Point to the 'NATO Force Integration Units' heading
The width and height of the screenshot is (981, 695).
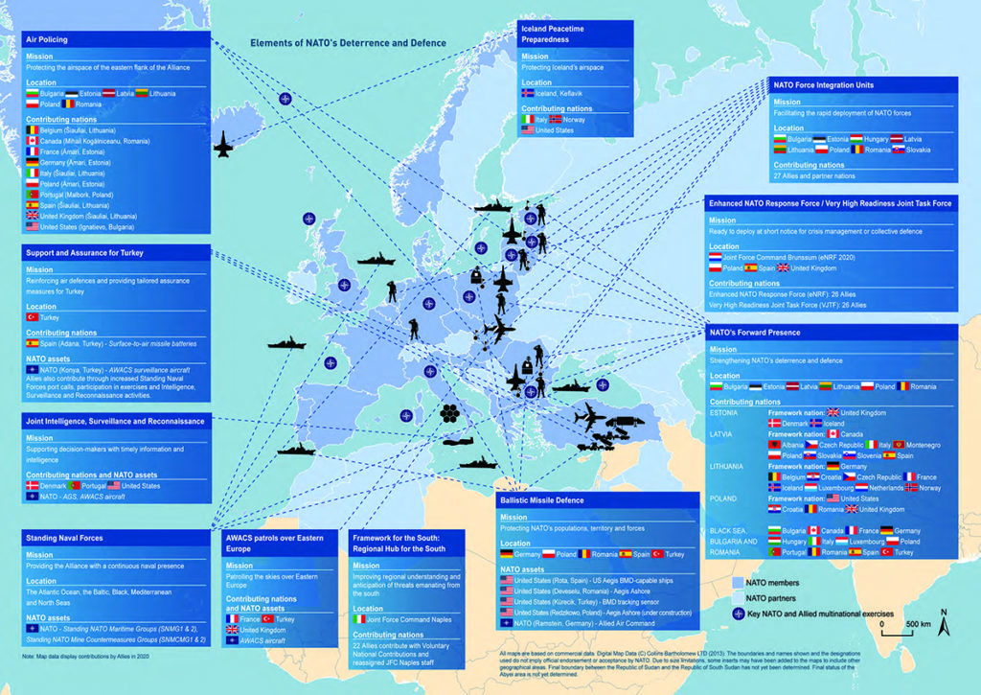(x=823, y=85)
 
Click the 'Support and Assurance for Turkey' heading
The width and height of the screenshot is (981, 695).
(x=84, y=252)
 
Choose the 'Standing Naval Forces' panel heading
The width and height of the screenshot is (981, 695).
(x=64, y=538)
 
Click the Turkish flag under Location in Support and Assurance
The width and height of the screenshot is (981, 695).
(x=31, y=316)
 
